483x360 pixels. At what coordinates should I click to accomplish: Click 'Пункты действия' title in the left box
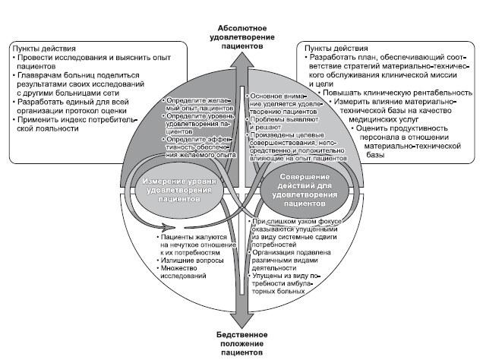click(45, 48)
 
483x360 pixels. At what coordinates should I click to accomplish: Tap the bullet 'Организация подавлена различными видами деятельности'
click(293, 257)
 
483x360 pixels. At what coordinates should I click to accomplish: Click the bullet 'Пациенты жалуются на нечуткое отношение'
click(193, 243)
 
